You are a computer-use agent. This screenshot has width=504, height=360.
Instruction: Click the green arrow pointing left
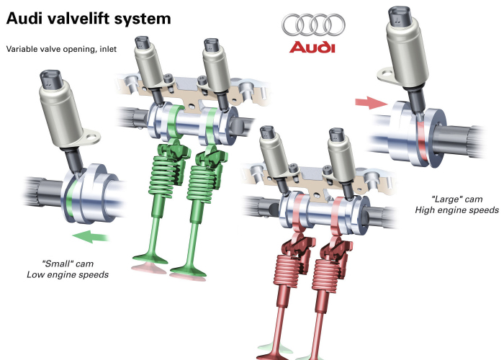click(x=91, y=236)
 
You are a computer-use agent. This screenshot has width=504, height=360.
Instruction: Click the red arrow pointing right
click(x=372, y=103)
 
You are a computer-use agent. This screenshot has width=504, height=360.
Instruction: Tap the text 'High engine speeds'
click(x=456, y=210)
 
